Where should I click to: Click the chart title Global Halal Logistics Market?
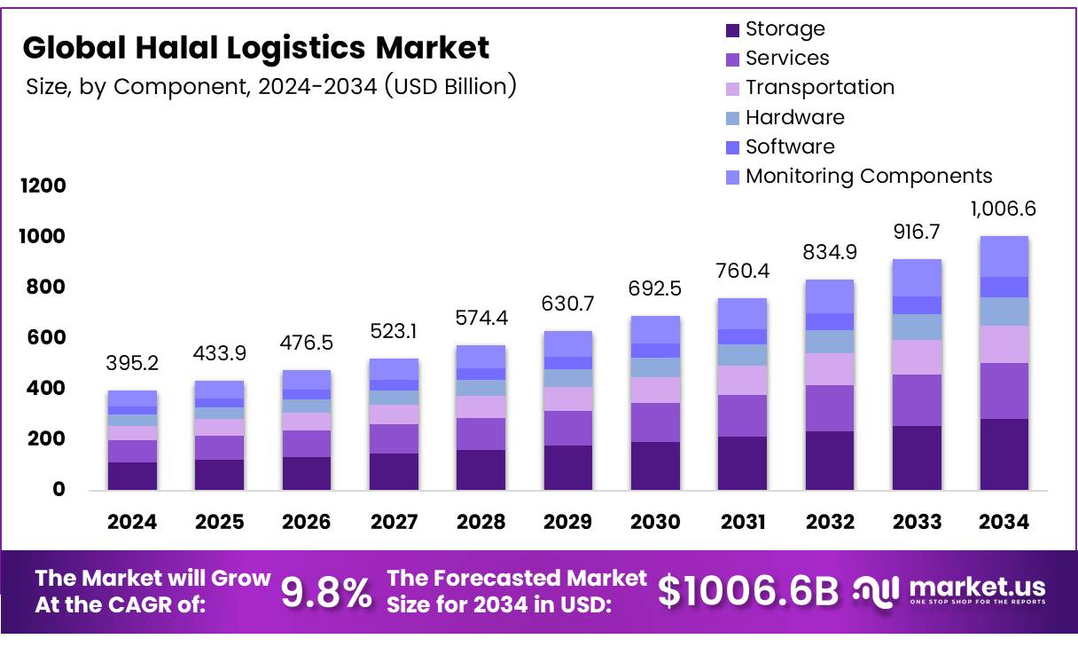click(255, 47)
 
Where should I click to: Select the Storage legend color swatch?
click(732, 29)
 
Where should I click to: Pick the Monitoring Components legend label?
click(868, 176)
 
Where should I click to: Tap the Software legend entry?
click(789, 146)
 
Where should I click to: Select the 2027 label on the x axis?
click(393, 522)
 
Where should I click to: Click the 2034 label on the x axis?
click(1004, 522)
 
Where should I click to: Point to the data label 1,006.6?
click(1003, 209)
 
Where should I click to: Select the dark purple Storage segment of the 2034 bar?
click(1004, 454)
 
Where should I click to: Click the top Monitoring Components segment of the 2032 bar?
click(829, 296)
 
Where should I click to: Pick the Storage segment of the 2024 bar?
click(132, 476)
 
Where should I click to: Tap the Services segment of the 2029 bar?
click(567, 428)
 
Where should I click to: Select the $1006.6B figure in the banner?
click(747, 592)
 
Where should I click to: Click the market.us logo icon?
click(876, 589)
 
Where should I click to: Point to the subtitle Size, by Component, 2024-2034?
click(270, 86)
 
